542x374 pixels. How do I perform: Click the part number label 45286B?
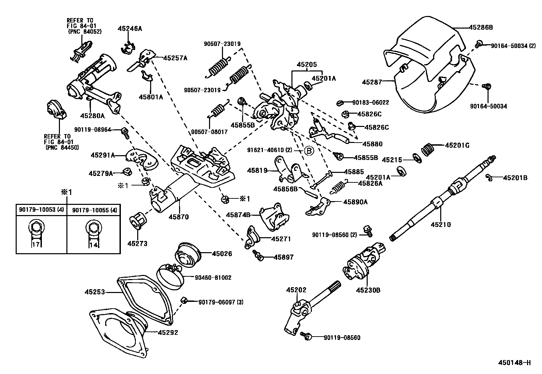[481, 27]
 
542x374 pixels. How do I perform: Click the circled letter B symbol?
[308, 150]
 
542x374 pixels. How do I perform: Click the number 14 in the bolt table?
[93, 244]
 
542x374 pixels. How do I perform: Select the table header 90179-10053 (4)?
[41, 210]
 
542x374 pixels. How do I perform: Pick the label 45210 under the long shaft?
[441, 224]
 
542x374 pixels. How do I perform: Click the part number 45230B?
[368, 290]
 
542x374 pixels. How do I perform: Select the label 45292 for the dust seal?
[168, 332]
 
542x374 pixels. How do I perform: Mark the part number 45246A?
[130, 29]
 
